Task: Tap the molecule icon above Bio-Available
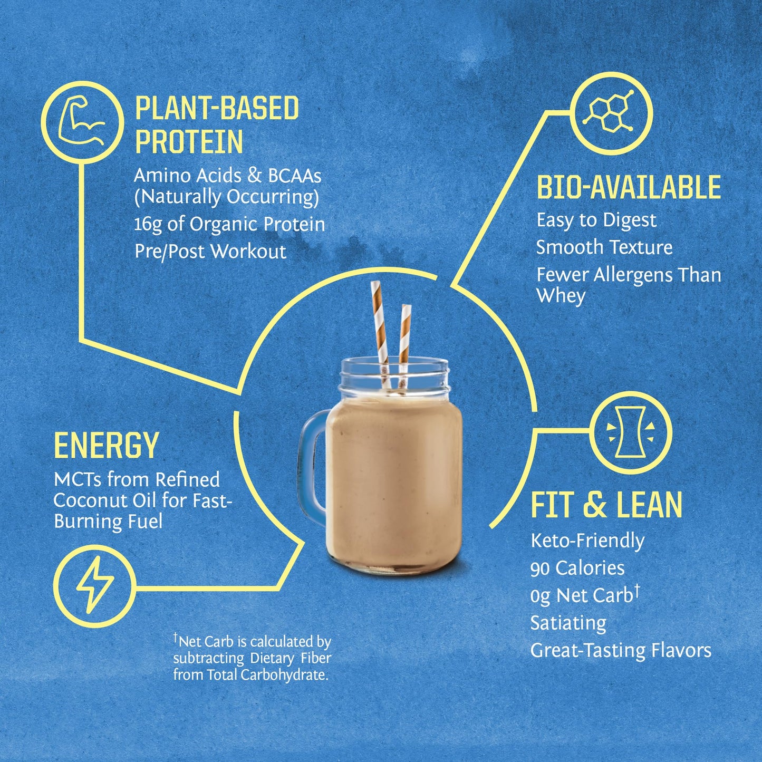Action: pos(612,112)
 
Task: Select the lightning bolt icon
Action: pos(95,585)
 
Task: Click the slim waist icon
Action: pos(631,432)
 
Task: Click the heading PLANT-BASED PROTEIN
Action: pos(217,125)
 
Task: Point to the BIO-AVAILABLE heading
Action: pos(629,187)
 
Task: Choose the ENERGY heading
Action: pos(106,446)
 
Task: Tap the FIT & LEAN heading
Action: pos(606,505)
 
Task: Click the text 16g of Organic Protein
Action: pos(229,224)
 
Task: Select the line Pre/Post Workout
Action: pos(210,252)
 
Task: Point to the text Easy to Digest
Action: pos(596,220)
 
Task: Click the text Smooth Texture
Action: pos(604,247)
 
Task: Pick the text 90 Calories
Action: pos(577,568)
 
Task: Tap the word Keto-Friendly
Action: pos(587,541)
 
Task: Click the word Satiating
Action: pos(568,623)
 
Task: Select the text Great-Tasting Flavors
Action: pos(621,651)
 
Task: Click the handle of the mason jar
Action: pos(312,464)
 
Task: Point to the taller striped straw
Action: pos(380,327)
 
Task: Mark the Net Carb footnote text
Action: pos(252,658)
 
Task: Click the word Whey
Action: pos(561,296)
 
